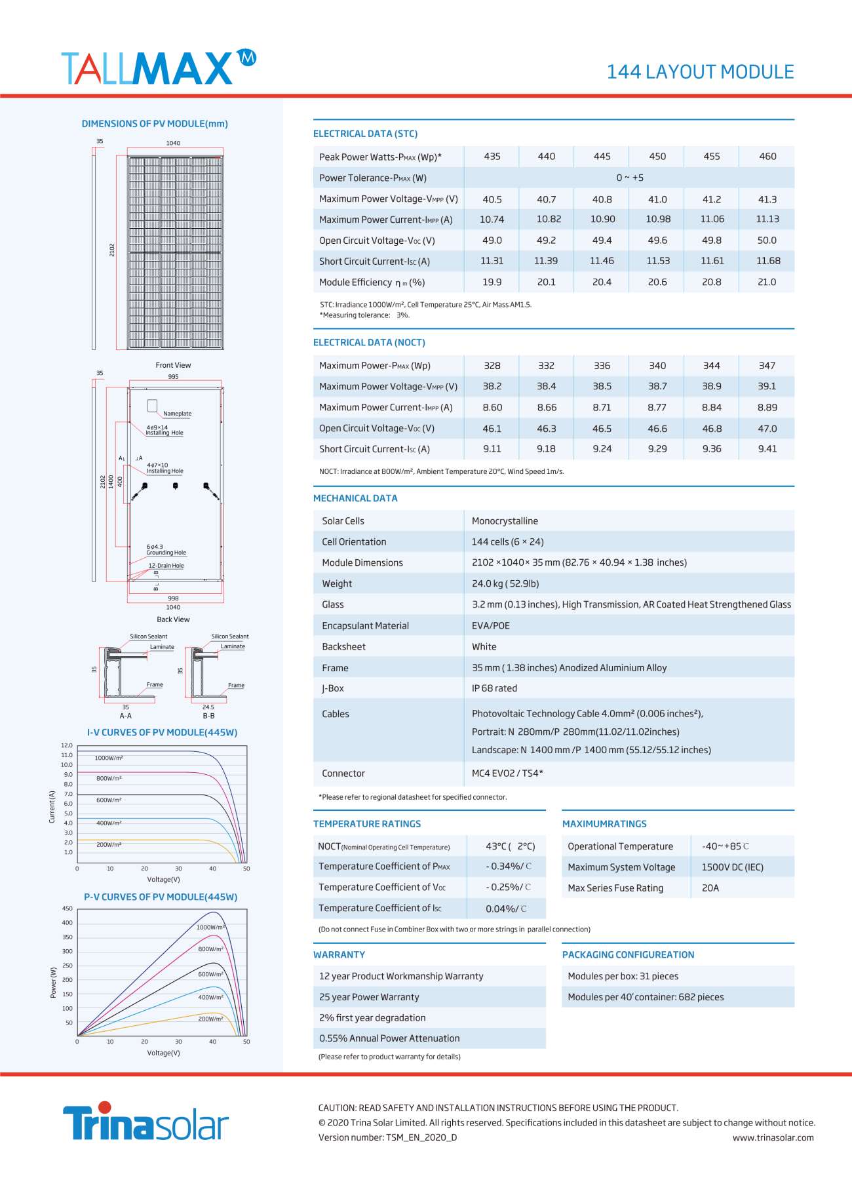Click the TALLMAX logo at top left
click(x=157, y=68)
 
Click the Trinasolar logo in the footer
click(x=145, y=1122)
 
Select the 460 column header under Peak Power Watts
click(x=767, y=157)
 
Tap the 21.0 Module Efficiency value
click(x=767, y=283)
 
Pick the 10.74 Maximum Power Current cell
click(x=492, y=220)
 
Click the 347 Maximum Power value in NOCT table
click(x=767, y=366)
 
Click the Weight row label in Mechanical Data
click(x=337, y=584)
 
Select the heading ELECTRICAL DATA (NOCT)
click(x=369, y=343)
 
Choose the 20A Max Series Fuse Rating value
click(x=710, y=888)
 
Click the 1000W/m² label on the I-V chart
click(x=109, y=758)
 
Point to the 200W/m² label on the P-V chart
click(x=210, y=1019)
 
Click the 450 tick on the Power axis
click(x=68, y=909)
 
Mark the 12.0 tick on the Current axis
click(x=67, y=745)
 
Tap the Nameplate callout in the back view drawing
click(x=177, y=414)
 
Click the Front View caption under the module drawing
click(x=173, y=365)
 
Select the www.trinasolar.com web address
click(x=773, y=1138)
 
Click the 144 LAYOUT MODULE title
click(x=700, y=72)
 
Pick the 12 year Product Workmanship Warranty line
click(x=401, y=977)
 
